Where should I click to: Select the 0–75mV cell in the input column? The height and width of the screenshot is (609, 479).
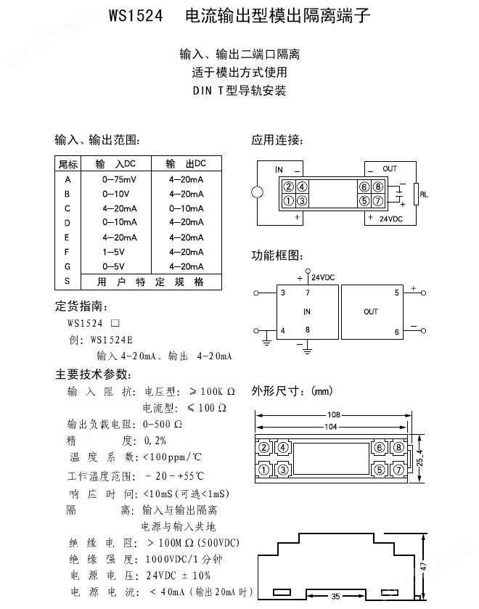click(119, 179)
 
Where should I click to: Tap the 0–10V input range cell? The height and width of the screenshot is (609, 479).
click(116, 194)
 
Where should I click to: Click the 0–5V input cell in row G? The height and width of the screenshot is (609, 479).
click(115, 266)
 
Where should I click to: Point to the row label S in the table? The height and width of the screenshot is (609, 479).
click(67, 281)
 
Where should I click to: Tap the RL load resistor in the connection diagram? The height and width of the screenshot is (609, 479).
click(416, 194)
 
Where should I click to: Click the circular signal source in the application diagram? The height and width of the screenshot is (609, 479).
click(257, 194)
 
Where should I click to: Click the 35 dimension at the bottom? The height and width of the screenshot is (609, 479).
click(335, 597)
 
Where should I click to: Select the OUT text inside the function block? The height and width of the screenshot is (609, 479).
click(371, 311)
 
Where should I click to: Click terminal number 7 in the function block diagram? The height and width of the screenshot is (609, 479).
click(307, 293)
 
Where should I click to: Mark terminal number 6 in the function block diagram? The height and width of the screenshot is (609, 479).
click(396, 332)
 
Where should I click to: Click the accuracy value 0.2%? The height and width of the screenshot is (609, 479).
click(155, 440)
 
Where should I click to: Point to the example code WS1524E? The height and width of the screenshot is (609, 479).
click(112, 339)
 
